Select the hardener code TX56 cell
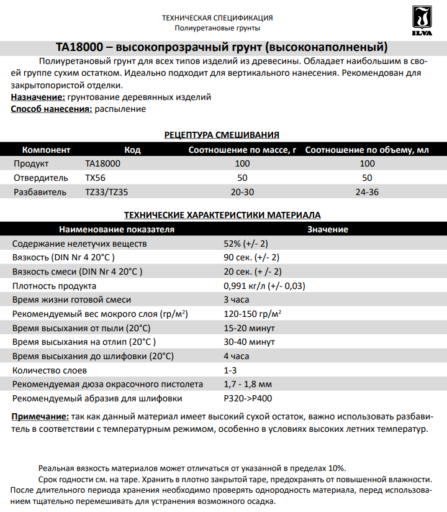[x=96, y=178]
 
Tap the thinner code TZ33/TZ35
[x=106, y=192]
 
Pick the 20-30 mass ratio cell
[x=242, y=192]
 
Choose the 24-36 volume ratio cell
[x=367, y=192]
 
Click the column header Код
[x=132, y=150]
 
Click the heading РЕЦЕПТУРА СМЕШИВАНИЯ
[x=222, y=135]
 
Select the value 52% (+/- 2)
[x=246, y=244]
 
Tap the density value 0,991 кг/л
[x=264, y=286]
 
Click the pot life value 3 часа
[x=237, y=300]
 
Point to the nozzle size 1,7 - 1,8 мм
[x=247, y=384]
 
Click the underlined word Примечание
[x=40, y=417]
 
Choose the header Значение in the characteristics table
[x=327, y=229]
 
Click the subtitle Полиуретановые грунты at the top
[x=217, y=28]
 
